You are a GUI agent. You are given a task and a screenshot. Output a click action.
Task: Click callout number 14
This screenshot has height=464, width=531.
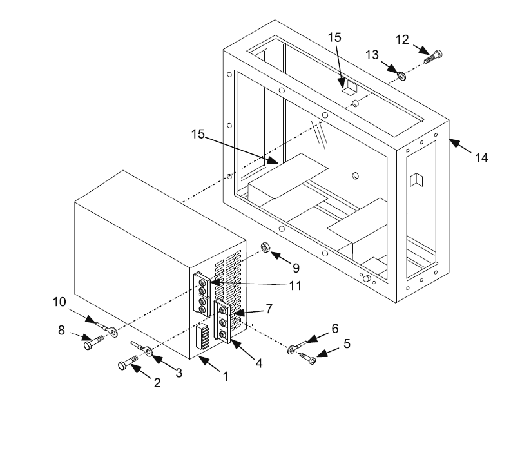[482, 157]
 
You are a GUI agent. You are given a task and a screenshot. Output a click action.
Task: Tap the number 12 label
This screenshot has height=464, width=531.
[402, 40]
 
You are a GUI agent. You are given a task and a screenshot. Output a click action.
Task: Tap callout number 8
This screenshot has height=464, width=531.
[62, 331]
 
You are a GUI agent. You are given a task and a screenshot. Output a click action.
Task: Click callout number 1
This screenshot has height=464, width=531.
[225, 377]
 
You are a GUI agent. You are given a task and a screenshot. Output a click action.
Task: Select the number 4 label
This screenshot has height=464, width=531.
[258, 363]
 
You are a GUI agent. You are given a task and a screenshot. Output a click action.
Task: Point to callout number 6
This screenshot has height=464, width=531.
[334, 328]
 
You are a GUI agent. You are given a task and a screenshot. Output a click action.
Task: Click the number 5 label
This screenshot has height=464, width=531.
[347, 344]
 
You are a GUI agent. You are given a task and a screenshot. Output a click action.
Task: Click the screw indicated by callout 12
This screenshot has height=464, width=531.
[432, 57]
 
